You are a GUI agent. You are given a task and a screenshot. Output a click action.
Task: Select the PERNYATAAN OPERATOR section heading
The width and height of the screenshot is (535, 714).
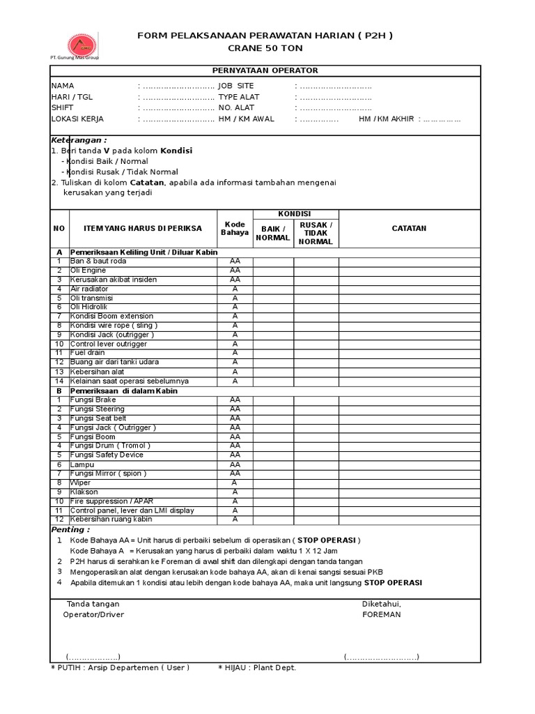tap(265, 71)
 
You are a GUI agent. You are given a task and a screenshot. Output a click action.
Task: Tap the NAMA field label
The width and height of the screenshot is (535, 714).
tap(62, 86)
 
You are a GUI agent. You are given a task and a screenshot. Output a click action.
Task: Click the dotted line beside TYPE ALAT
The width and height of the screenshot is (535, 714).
tap(333, 98)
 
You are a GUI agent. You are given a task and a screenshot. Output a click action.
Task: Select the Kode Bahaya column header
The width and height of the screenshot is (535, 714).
tap(235, 228)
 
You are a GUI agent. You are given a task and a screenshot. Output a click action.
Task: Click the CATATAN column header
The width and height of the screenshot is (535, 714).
tap(409, 228)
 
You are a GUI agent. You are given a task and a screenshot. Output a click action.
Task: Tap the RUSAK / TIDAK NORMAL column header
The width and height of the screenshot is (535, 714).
tap(316, 232)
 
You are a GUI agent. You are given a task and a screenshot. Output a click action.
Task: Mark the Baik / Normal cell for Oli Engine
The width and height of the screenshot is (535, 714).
tap(272, 271)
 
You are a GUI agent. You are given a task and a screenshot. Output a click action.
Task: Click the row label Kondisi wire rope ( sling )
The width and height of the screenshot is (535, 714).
tap(114, 326)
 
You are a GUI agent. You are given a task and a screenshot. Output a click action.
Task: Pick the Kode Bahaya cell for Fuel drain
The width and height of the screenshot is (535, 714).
tap(235, 353)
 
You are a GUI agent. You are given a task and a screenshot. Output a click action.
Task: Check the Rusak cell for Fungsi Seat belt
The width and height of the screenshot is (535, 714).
tap(316, 418)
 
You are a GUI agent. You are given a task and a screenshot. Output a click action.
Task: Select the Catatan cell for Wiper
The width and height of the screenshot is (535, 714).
tap(409, 483)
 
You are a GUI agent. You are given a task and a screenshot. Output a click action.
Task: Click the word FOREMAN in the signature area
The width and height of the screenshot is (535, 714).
tap(381, 615)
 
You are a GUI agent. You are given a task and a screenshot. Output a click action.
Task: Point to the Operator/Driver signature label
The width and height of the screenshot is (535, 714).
tap(93, 615)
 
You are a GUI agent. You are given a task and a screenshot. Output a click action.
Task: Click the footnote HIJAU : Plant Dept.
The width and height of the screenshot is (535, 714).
tap(256, 668)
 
